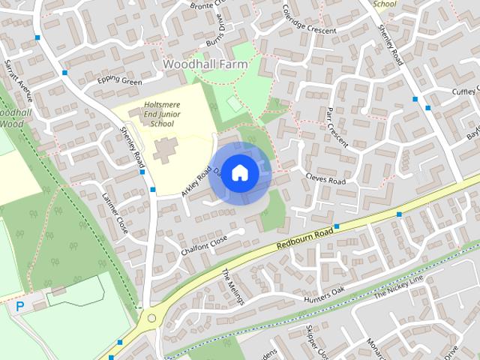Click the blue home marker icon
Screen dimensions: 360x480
click(x=239, y=172)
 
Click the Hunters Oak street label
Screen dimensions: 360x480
click(x=323, y=295)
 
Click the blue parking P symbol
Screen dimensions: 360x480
click(x=20, y=306)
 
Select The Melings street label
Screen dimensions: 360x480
click(x=235, y=288)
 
